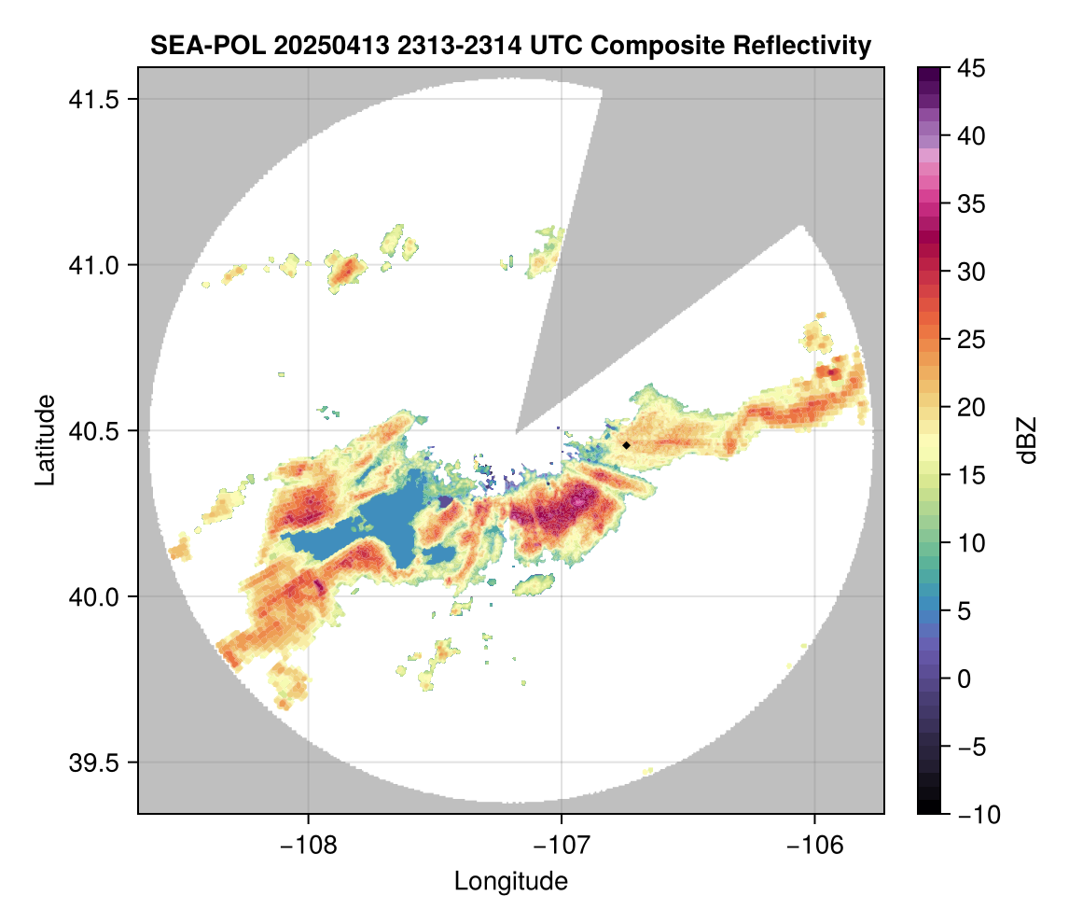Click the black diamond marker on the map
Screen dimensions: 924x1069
pos(627,445)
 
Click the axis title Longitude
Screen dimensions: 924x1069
pos(510,881)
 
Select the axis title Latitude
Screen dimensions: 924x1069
pos(45,440)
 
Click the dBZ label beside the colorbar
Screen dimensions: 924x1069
pos(1027,441)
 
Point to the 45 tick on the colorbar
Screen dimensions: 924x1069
pos(971,68)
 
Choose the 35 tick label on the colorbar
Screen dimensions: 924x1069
pos(971,203)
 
